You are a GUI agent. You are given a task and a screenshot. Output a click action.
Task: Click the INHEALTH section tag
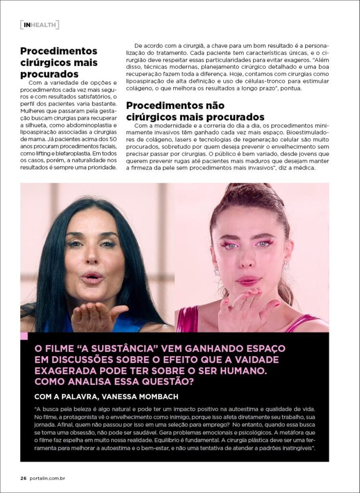pos(39,25)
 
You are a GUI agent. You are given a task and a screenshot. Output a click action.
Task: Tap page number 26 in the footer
pos(23,478)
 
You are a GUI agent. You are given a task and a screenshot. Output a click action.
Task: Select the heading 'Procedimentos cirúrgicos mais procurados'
pos(59,63)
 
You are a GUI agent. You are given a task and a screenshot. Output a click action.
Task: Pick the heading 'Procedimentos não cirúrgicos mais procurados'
pos(195,111)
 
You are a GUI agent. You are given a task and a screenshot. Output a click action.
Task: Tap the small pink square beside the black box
pos(24,336)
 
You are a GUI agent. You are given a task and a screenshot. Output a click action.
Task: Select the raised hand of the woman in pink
pos(245,309)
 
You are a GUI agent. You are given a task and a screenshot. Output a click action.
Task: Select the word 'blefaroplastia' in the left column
pos(63,154)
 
